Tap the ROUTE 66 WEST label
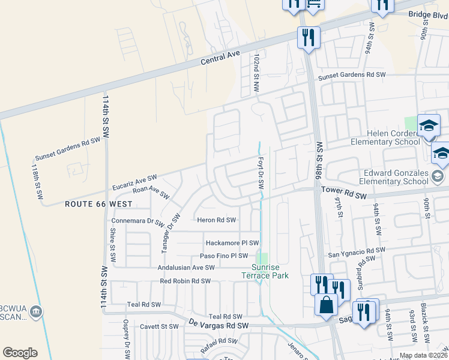(98, 204)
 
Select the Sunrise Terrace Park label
(270, 271)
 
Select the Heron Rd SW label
(216, 220)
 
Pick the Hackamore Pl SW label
(232, 243)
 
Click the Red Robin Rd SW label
(185, 281)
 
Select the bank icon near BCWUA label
(36, 311)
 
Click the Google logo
(20, 353)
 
